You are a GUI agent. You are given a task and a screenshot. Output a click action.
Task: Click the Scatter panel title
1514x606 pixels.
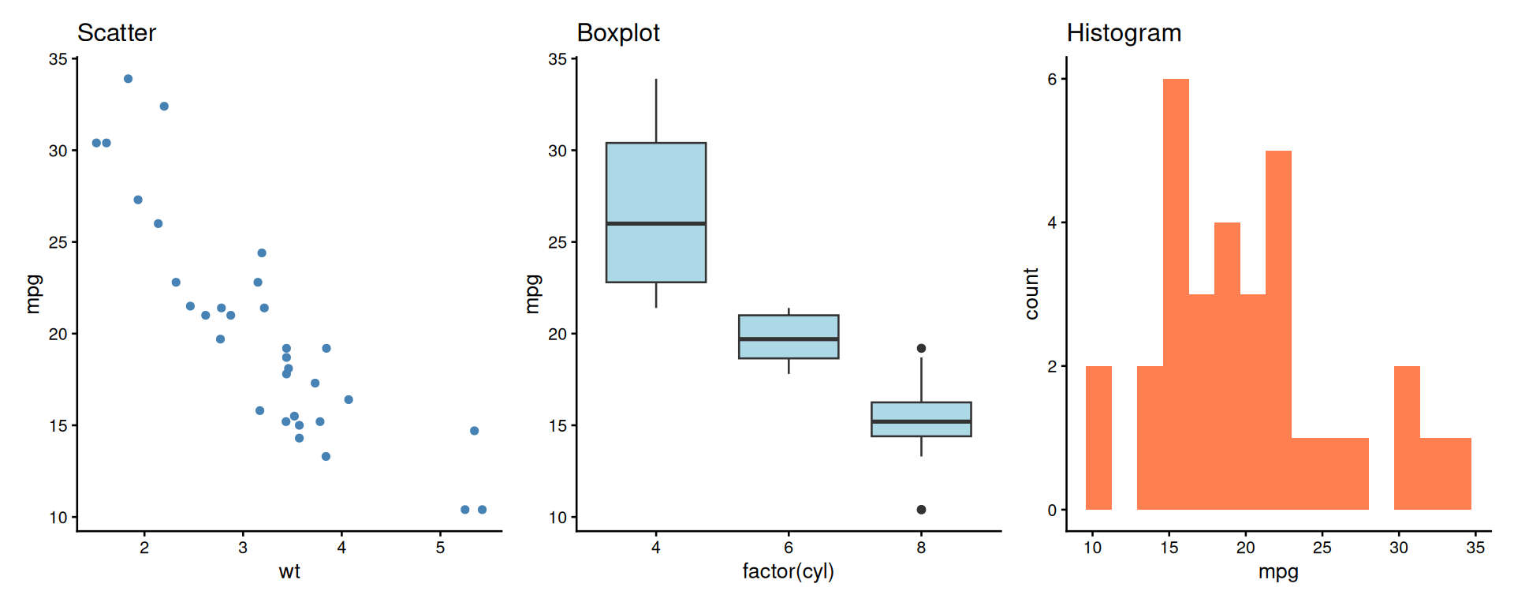coord(117,33)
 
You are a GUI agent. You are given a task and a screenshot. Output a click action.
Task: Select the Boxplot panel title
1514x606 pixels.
coord(618,33)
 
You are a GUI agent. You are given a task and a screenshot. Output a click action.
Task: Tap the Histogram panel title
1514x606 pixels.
coord(1124,33)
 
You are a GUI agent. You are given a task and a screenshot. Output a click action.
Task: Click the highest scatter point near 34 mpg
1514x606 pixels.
coord(129,79)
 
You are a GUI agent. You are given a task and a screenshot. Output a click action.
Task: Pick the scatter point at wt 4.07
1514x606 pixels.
coord(349,399)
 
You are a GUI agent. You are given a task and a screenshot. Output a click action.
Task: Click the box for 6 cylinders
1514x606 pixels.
coord(789,327)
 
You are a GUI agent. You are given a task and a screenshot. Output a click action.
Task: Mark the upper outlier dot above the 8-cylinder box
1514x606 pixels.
coord(921,348)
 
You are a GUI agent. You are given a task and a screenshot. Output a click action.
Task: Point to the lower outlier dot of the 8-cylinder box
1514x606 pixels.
coord(921,510)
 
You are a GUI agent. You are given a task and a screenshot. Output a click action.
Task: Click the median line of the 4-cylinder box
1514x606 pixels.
coord(656,223)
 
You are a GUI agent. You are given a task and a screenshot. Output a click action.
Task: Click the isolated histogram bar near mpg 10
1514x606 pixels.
coord(1098,438)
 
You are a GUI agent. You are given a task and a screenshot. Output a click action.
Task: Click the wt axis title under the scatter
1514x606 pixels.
coord(289,572)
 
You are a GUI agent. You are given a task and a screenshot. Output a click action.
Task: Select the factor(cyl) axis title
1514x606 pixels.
coord(788,572)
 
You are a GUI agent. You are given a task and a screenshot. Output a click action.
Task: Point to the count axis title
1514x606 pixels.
coord(1031,294)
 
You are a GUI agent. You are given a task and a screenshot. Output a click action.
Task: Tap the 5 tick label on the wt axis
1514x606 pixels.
coord(440,548)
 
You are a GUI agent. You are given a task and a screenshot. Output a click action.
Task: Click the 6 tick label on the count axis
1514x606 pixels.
coord(1052,79)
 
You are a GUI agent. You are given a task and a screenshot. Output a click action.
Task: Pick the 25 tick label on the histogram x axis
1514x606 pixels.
coord(1322,548)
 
